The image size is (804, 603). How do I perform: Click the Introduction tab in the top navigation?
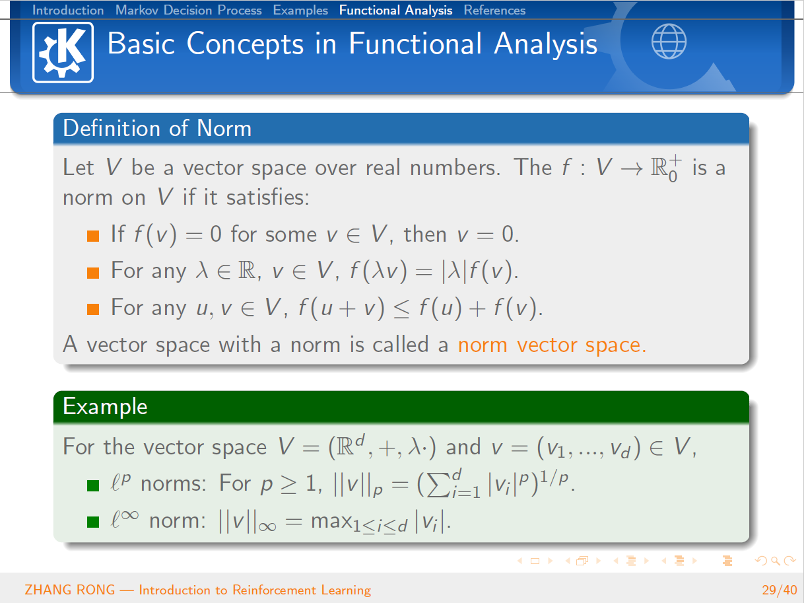point(68,11)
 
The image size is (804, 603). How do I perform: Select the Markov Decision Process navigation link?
point(189,11)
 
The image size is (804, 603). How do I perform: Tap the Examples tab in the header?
point(300,11)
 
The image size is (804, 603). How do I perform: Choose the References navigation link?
point(494,11)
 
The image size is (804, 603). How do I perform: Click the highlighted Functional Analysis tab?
point(395,11)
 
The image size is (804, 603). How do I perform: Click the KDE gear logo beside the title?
point(63,52)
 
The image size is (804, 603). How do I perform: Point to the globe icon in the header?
point(669,42)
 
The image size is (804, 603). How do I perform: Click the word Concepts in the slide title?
point(245,44)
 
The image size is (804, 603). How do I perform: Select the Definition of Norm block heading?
point(157,128)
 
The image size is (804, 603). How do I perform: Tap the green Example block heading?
point(105,406)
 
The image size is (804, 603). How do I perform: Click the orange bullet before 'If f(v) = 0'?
point(93,236)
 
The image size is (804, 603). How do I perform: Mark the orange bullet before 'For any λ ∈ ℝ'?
point(93,273)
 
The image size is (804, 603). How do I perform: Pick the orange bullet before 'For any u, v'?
point(93,309)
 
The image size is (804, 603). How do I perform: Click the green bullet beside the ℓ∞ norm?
point(93,522)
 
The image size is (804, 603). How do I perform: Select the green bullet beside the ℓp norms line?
point(93,485)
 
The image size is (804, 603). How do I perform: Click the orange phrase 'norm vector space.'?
point(552,345)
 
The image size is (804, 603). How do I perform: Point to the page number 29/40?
point(780,590)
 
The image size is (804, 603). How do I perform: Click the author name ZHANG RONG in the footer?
point(70,590)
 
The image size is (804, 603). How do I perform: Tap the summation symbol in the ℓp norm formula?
point(438,485)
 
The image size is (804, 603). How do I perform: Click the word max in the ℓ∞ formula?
point(331,521)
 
